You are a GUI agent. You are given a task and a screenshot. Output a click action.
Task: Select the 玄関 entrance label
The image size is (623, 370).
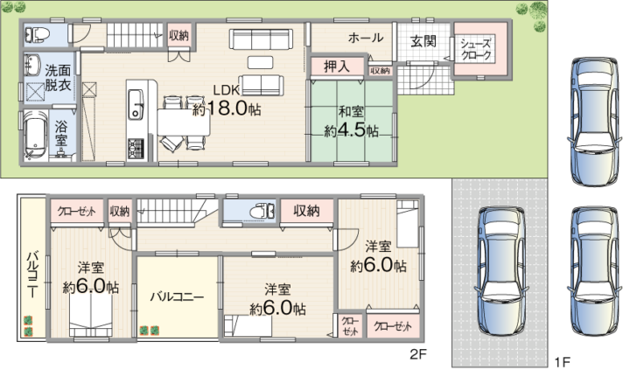423,41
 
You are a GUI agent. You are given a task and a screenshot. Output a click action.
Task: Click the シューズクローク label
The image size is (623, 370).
476,49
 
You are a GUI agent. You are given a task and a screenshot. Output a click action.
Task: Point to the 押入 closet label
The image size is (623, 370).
337,66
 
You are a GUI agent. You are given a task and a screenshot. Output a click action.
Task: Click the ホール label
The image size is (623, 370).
366,38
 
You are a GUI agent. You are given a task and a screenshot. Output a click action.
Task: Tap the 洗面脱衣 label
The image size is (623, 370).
58,78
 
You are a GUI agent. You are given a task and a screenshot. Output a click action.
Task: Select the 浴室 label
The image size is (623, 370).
60,134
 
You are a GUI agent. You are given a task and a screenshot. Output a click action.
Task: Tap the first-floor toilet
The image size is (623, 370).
37,35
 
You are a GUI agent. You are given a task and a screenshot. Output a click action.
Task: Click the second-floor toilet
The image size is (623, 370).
262,211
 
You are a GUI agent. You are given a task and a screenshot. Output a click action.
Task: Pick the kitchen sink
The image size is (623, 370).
136,104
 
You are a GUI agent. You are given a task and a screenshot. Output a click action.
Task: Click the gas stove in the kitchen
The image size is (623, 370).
136,148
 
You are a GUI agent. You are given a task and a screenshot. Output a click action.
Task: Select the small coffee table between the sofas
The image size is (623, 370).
261,62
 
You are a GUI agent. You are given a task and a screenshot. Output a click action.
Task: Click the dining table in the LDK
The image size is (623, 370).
184,122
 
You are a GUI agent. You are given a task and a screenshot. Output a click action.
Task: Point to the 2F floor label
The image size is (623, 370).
418,353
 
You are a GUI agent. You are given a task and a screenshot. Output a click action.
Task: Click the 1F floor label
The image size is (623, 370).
563,361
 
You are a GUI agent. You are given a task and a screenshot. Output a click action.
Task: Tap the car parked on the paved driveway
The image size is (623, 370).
500,271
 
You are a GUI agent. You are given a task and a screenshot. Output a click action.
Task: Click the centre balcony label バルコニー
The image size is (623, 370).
177,297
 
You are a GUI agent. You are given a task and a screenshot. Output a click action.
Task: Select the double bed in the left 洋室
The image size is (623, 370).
91,317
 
